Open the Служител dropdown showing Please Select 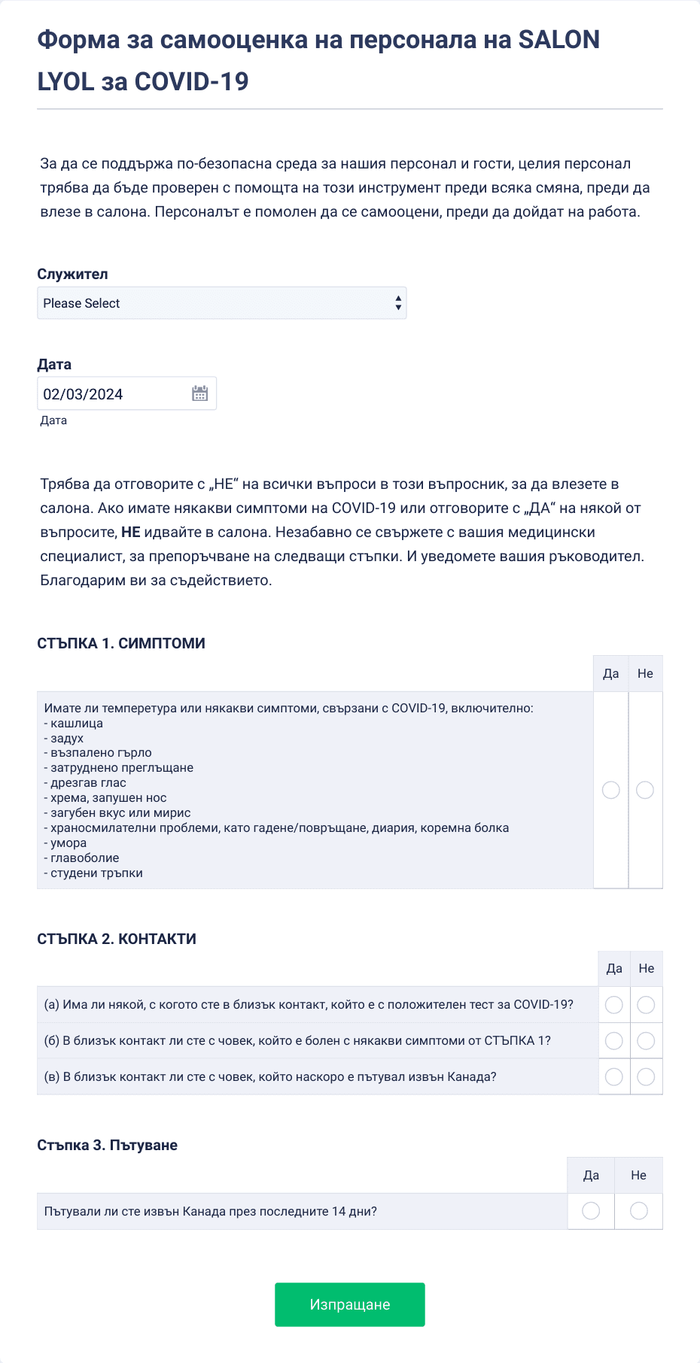click(x=221, y=303)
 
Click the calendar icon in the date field click(x=199, y=393)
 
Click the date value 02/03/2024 click(x=84, y=394)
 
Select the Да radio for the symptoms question click(x=611, y=790)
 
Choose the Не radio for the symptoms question click(x=645, y=790)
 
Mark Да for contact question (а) click(x=614, y=1005)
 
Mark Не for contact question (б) click(x=646, y=1041)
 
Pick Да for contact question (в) click(x=614, y=1077)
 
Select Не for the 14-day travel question click(x=638, y=1211)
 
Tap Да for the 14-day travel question click(x=591, y=1211)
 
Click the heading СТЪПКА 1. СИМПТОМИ click(x=121, y=644)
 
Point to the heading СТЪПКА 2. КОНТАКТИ click(x=117, y=940)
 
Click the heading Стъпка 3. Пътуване click(x=108, y=1146)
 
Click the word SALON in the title click(x=559, y=40)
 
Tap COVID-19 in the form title click(x=191, y=81)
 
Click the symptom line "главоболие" click(x=84, y=858)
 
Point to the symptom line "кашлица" click(x=77, y=724)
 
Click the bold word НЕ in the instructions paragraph click(x=131, y=533)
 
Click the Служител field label click(x=73, y=275)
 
